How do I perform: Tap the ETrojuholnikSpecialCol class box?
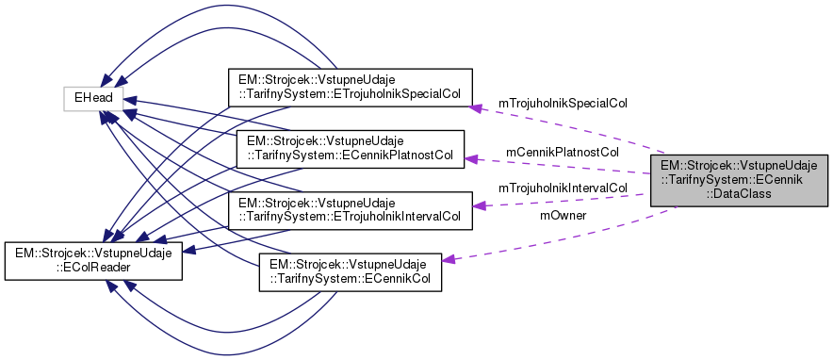coord(348,87)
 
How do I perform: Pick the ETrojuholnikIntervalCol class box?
coord(351,209)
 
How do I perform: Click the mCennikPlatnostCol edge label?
coord(562,151)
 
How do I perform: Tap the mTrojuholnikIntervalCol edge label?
coord(563,188)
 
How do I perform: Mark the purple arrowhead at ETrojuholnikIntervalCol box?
coord(478,205)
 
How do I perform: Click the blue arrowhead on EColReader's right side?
coord(188,251)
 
